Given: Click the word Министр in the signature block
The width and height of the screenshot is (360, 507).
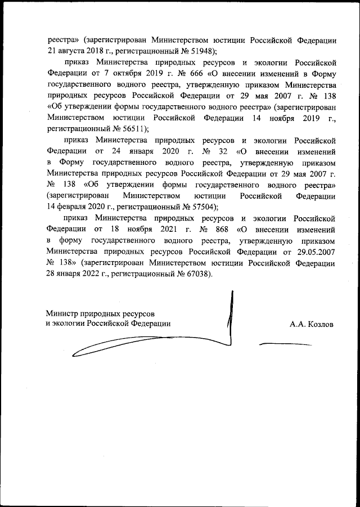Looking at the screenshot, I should point(63,312).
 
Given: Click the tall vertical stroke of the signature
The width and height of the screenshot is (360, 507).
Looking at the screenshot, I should point(229,315).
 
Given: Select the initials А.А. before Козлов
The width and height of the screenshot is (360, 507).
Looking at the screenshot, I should point(298,324).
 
